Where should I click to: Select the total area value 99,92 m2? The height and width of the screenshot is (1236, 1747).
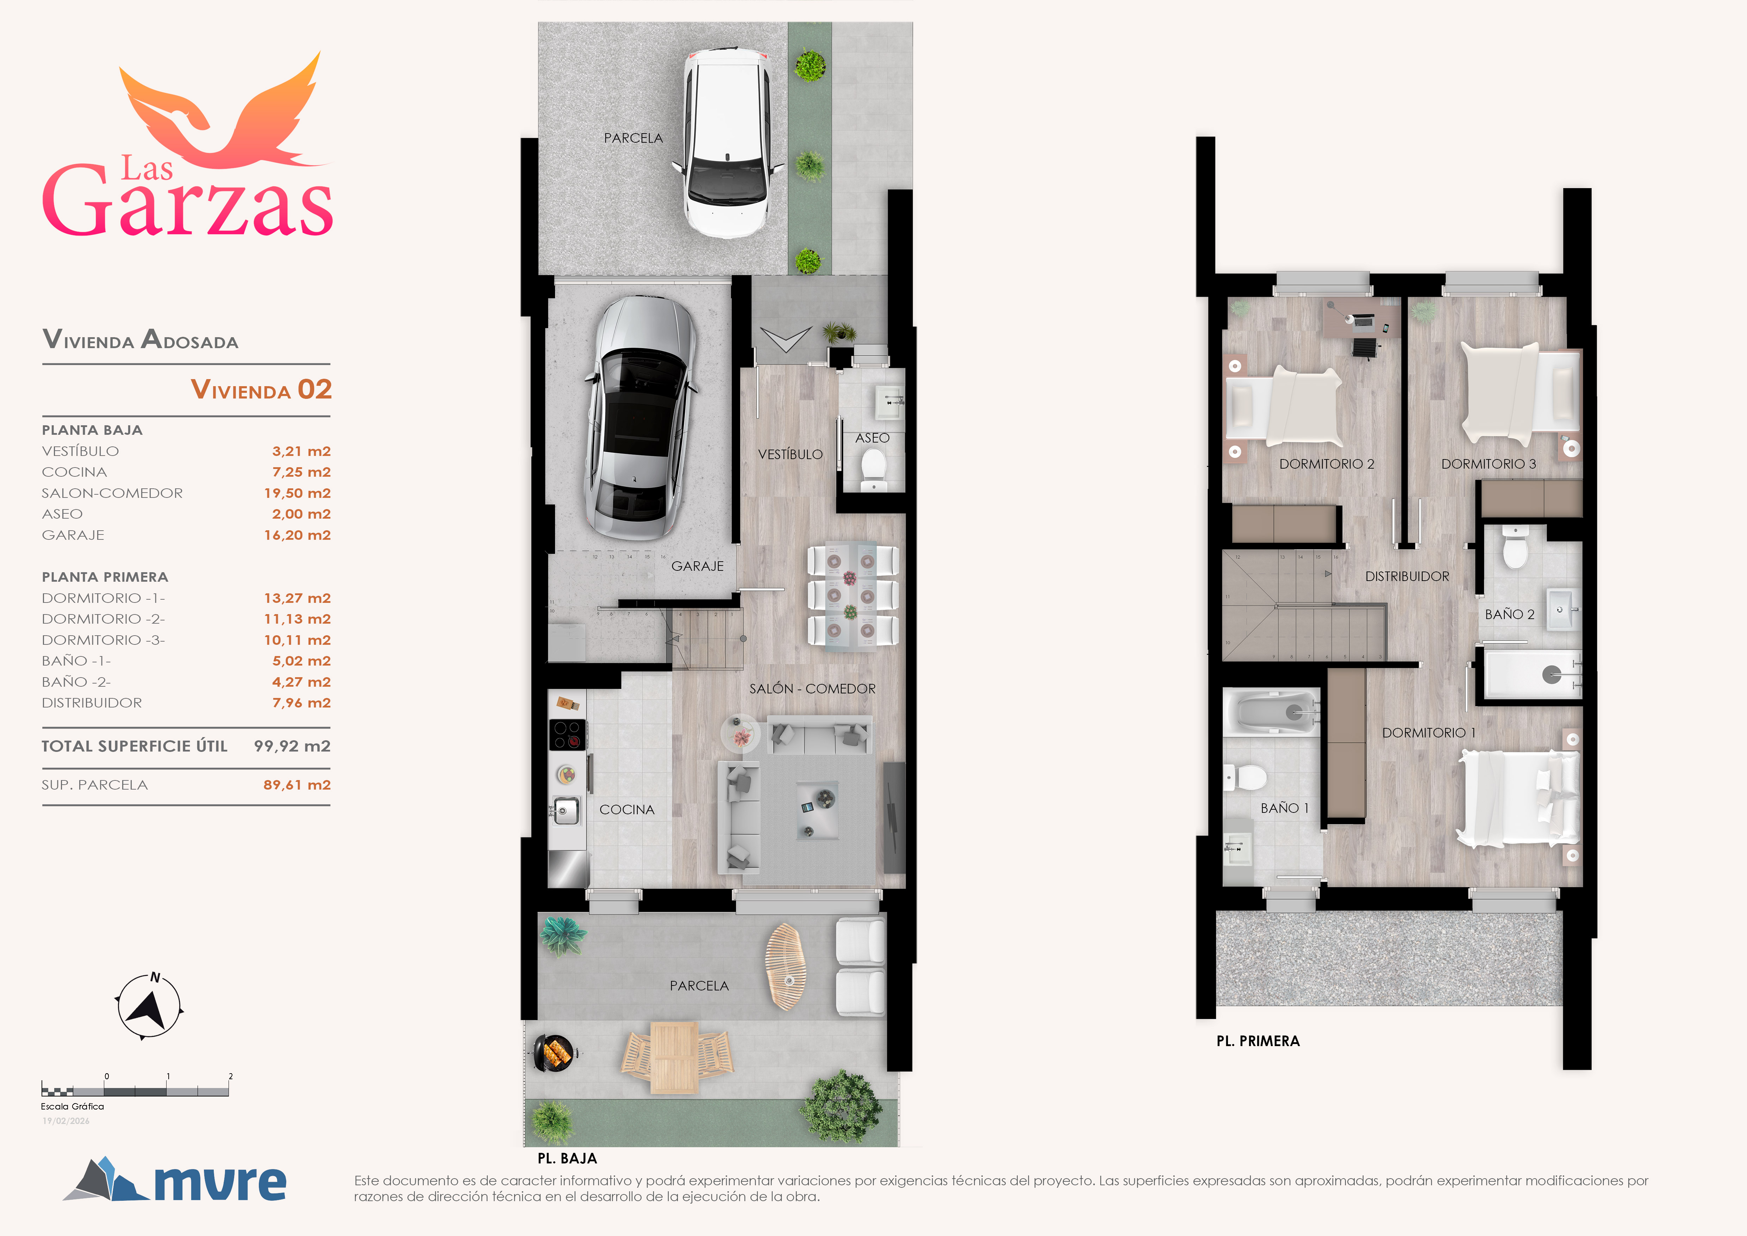(292, 746)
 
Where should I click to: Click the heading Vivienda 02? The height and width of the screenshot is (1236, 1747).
(261, 390)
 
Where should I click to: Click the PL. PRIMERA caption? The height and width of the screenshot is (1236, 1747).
(1258, 1041)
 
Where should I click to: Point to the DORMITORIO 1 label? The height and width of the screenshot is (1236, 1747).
(1428, 733)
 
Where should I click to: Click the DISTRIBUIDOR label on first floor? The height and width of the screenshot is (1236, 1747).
(1407, 577)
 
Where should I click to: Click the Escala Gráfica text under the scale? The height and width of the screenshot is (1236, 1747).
(72, 1107)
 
